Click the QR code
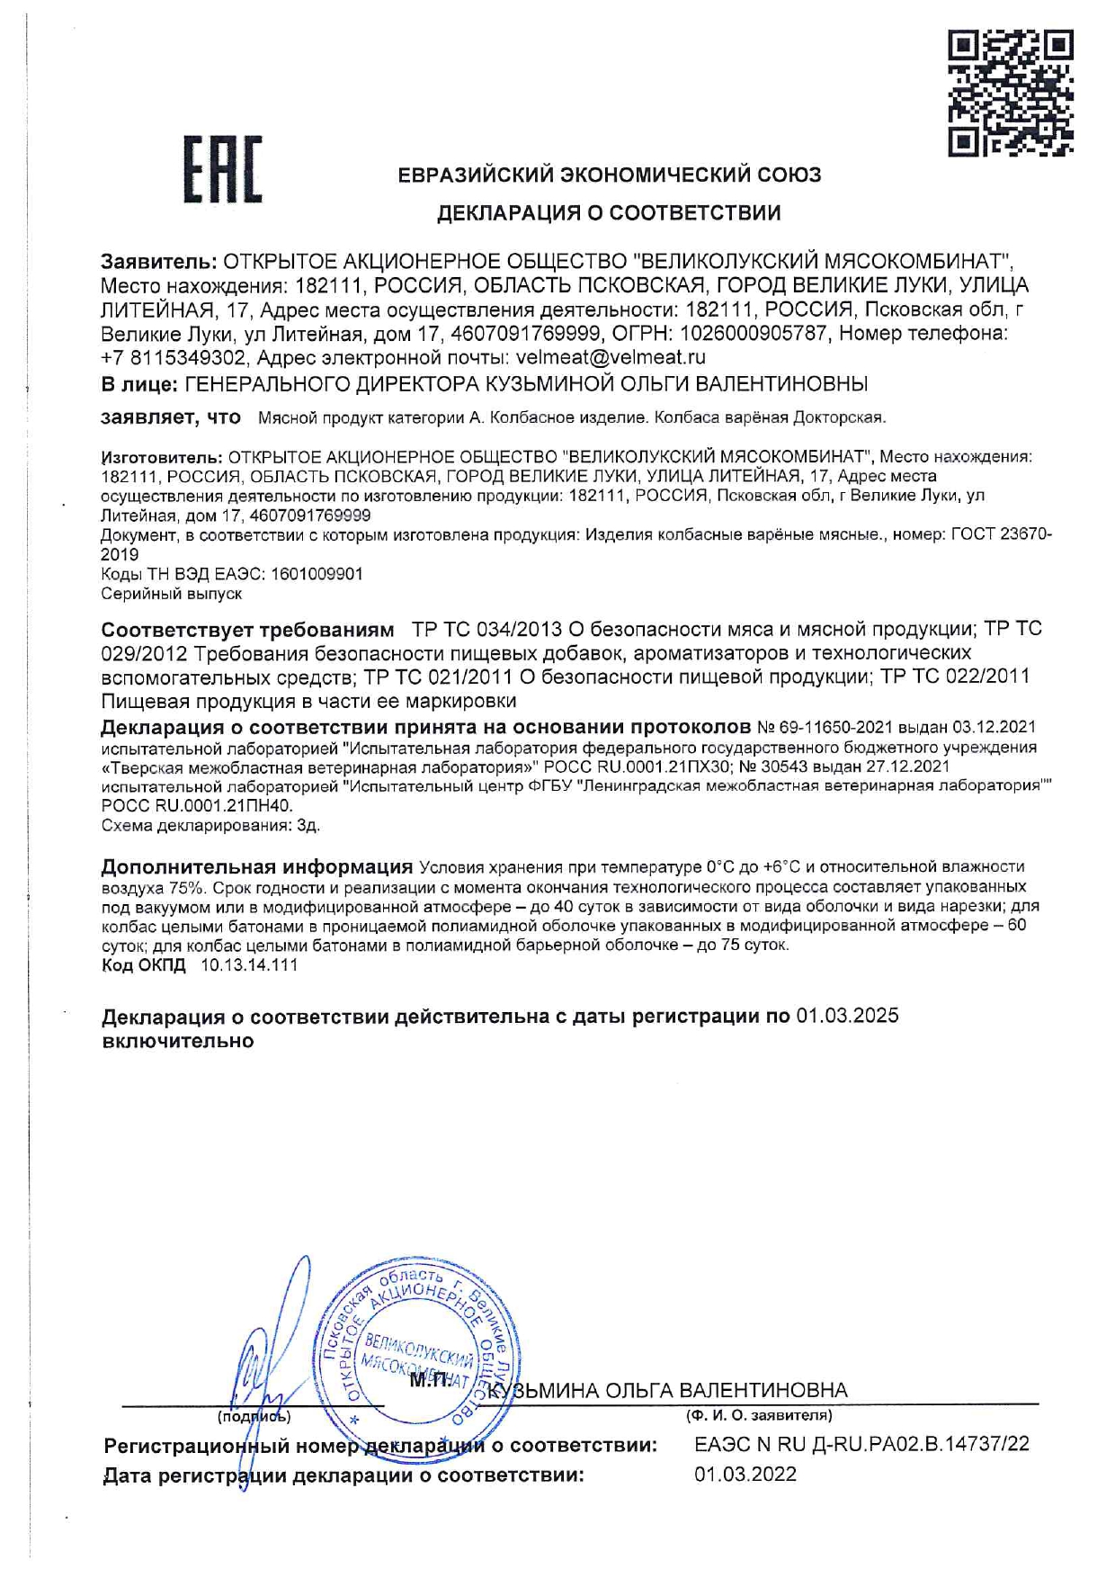pos(1011,94)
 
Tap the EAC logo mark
pos(222,170)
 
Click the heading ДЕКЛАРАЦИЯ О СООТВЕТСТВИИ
pos(609,213)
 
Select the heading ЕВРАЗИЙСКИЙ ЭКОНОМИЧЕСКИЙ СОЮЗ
pos(610,175)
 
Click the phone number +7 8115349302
pos(174,357)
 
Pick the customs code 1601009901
pos(316,574)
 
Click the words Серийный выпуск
pos(171,594)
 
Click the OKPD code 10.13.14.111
pos(249,965)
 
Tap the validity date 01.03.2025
pos(848,1017)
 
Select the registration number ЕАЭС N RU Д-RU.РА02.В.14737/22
pos(861,1445)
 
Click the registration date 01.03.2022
pos(745,1475)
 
